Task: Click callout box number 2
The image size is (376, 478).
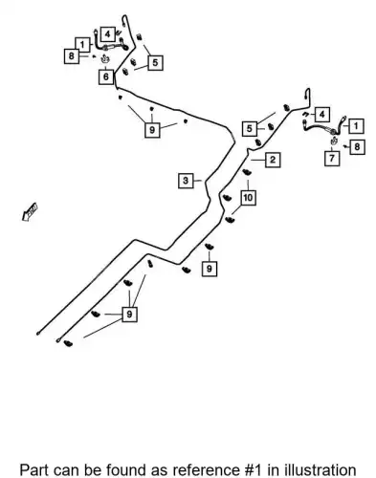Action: (273, 160)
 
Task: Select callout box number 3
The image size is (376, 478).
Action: (186, 181)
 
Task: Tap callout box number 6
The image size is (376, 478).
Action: (106, 76)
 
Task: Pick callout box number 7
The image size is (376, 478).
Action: (332, 158)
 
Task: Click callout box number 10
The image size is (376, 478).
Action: (248, 198)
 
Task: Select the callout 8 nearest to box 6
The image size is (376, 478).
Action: (72, 56)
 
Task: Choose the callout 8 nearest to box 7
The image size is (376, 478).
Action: (357, 147)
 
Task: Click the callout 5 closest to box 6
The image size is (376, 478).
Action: (155, 62)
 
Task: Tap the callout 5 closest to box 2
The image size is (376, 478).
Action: (250, 128)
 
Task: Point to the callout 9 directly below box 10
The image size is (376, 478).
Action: (210, 269)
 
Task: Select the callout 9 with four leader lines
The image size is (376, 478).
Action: (129, 315)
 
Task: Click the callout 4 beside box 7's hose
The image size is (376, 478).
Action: (322, 114)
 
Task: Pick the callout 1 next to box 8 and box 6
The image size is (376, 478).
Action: (82, 45)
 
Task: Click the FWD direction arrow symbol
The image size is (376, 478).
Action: (30, 211)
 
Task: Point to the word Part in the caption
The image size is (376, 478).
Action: (33, 470)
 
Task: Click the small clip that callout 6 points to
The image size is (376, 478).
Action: (105, 58)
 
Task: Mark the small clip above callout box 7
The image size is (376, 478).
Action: (334, 141)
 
